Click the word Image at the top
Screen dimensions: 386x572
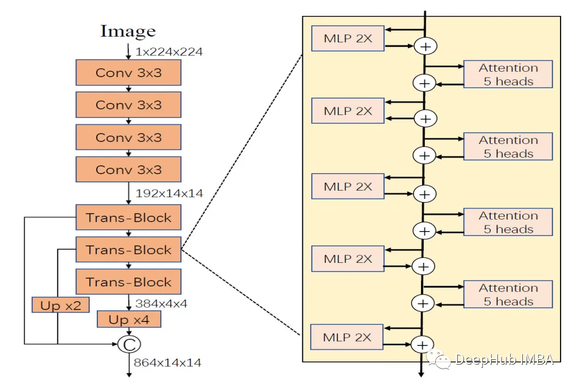(x=127, y=31)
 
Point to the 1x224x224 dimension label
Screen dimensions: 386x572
(x=169, y=52)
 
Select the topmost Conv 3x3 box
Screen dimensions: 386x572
(x=129, y=73)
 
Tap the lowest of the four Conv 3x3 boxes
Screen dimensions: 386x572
(x=129, y=170)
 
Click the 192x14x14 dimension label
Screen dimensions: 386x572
(x=169, y=193)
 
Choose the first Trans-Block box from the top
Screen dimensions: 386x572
(x=129, y=218)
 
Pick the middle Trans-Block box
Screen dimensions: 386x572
(x=129, y=250)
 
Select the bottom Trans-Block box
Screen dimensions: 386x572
(x=129, y=283)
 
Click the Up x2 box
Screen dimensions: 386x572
(x=60, y=305)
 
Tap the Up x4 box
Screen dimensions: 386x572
(x=129, y=319)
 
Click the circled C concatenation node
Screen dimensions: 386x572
(x=129, y=344)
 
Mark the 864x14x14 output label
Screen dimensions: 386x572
(x=168, y=362)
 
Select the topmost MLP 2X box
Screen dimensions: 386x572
(x=348, y=38)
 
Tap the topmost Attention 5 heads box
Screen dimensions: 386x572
(x=508, y=74)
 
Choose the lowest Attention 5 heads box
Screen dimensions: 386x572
(x=508, y=295)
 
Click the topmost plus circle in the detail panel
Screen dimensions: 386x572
(x=425, y=47)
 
